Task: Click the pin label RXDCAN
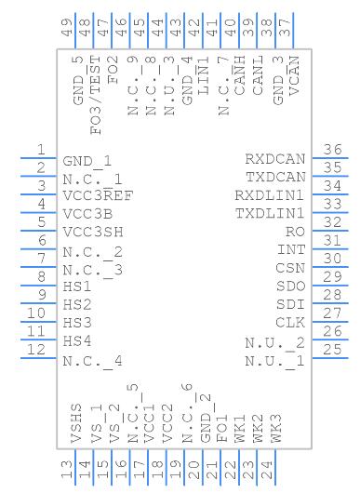pyautogui.click(x=275, y=159)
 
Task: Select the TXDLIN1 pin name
pyautogui.click(x=270, y=214)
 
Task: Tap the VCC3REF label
pyautogui.click(x=99, y=195)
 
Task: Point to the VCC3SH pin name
pyautogui.click(x=93, y=232)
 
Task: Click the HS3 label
pyautogui.click(x=77, y=323)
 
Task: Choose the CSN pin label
pyautogui.click(x=290, y=268)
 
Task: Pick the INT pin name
pyautogui.click(x=291, y=250)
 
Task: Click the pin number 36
pyautogui.click(x=332, y=149)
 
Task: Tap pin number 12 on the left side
pyautogui.click(x=36, y=350)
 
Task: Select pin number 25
pyautogui.click(x=332, y=350)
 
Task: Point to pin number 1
pyautogui.click(x=41, y=149)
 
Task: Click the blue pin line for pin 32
pyautogui.click(x=330, y=231)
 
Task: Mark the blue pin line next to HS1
pyautogui.click(x=38, y=286)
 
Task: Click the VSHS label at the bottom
pyautogui.click(x=76, y=424)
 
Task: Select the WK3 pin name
pyautogui.click(x=276, y=429)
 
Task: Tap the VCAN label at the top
pyautogui.click(x=294, y=75)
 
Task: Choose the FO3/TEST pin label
pyautogui.click(x=96, y=95)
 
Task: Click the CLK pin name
pyautogui.click(x=290, y=323)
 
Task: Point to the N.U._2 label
pyautogui.click(x=275, y=343)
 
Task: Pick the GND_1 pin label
pyautogui.click(x=87, y=161)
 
